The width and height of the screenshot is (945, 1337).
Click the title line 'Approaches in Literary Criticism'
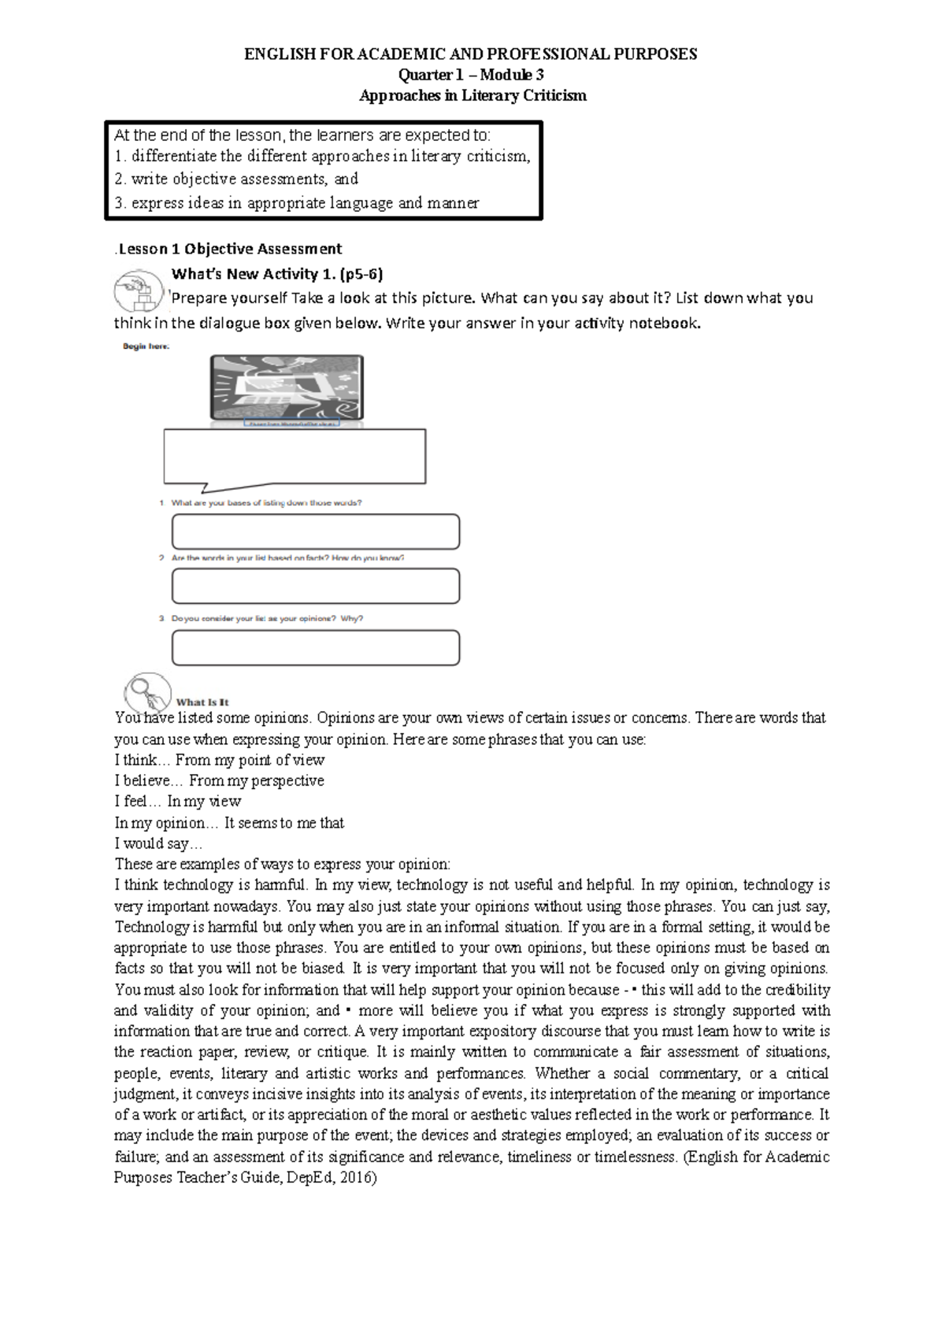tap(472, 95)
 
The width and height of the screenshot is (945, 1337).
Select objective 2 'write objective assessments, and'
tap(236, 179)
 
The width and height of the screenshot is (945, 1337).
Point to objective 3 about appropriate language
tap(296, 202)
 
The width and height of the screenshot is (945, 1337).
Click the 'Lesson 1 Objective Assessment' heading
tap(229, 249)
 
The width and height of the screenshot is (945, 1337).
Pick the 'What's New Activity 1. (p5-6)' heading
tap(277, 273)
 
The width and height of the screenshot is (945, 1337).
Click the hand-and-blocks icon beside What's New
tap(138, 291)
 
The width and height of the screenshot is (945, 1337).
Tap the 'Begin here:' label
tap(146, 346)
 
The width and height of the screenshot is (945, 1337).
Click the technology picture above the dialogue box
tap(287, 387)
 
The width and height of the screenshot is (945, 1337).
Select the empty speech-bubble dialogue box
tap(295, 456)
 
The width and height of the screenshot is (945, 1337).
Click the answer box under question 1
tap(315, 531)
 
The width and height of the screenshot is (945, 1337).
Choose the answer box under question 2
tap(315, 586)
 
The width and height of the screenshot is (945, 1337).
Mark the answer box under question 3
tap(315, 647)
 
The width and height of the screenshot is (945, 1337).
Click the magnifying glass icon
tap(146, 691)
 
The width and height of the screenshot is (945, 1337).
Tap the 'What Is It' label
tap(202, 702)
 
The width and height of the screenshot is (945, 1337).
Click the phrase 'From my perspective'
tap(257, 780)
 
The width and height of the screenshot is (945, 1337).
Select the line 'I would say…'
tap(153, 843)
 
